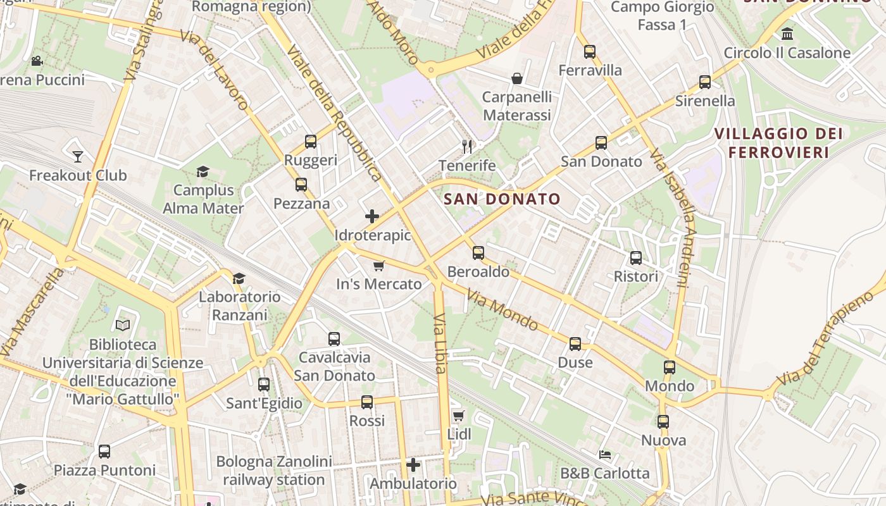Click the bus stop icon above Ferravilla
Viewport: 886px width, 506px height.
[590, 52]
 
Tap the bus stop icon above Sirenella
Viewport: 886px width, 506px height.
[705, 82]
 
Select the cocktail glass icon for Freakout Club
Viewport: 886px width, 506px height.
[78, 156]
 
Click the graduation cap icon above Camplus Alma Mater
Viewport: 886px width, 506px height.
[203, 171]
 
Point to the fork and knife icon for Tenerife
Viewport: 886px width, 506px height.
[467, 147]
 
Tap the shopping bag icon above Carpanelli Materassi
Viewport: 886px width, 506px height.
[517, 78]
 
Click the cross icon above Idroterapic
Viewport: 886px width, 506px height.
[372, 216]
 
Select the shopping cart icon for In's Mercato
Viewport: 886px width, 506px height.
[378, 266]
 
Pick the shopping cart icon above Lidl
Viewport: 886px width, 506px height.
[459, 416]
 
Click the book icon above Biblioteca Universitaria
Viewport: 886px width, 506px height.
[123, 325]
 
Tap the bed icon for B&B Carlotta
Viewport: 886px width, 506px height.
[605, 454]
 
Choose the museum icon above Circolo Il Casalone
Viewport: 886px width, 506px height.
[787, 34]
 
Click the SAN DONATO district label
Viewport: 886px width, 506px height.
[502, 199]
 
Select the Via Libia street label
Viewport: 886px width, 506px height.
[440, 342]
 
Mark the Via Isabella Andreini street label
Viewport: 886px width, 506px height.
[672, 218]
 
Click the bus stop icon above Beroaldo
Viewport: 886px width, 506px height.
[478, 253]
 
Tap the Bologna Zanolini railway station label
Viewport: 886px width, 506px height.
[273, 471]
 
